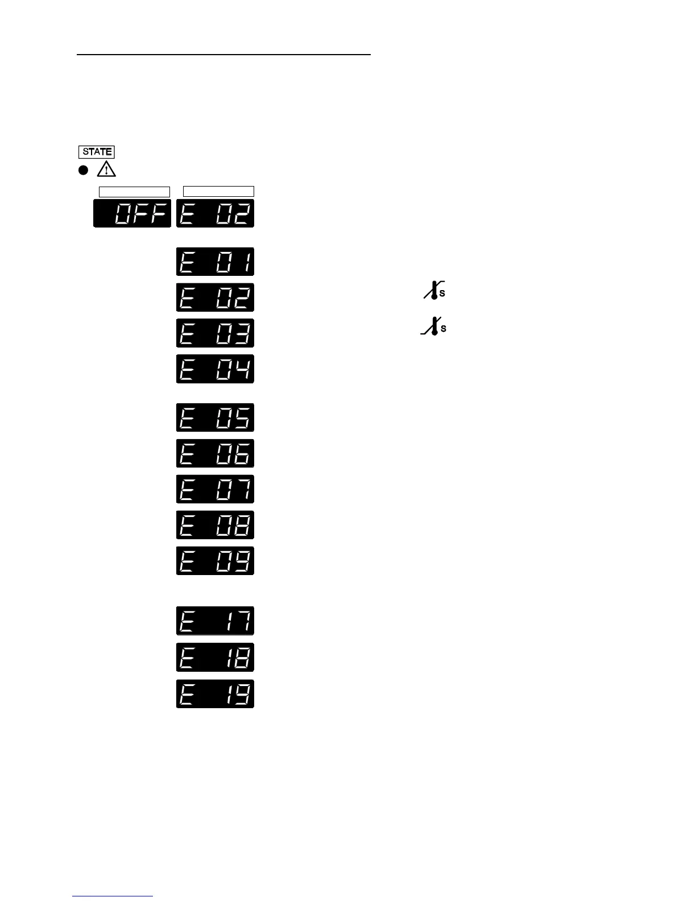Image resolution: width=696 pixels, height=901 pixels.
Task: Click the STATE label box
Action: click(97, 152)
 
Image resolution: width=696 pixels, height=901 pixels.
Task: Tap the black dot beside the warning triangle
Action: click(83, 170)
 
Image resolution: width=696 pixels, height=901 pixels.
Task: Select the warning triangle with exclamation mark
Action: click(106, 170)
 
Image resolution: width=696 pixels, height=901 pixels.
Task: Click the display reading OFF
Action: click(132, 213)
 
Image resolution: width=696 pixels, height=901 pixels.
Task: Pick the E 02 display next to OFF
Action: click(215, 213)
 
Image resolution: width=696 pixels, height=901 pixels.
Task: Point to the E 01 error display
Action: click(215, 262)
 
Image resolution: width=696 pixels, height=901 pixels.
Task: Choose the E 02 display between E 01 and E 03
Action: click(215, 297)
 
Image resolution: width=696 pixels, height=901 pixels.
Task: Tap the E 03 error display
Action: click(215, 333)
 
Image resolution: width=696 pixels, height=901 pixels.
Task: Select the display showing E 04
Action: click(215, 369)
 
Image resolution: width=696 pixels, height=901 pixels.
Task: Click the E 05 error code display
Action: click(215, 418)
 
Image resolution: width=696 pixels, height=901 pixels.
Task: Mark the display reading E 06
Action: click(215, 453)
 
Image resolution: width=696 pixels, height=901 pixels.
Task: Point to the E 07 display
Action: click(215, 489)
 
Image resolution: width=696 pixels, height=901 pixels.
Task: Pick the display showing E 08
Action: click(215, 525)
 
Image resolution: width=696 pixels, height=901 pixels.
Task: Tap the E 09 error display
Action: click(215, 561)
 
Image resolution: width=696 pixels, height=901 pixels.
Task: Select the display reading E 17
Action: click(215, 621)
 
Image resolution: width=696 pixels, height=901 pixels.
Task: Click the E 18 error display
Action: click(215, 658)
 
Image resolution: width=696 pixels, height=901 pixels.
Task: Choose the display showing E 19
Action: click(215, 694)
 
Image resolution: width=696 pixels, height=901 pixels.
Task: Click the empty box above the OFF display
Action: click(134, 191)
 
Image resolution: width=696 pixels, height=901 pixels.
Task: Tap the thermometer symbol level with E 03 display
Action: click(433, 326)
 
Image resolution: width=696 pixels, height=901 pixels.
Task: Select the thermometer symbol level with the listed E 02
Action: click(433, 291)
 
